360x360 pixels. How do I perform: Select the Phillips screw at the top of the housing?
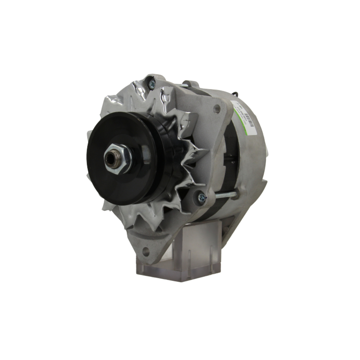point(152,84)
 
